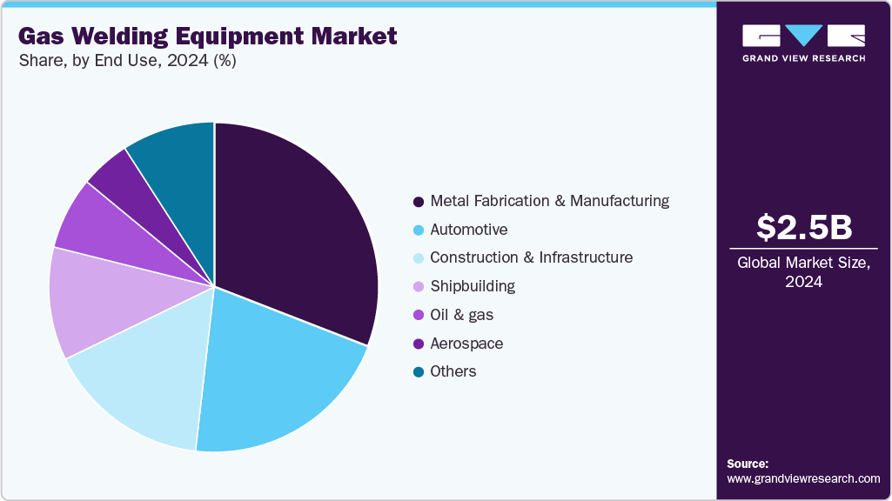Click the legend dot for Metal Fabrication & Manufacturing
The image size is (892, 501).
[x=419, y=202]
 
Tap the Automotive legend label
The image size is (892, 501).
[x=468, y=230]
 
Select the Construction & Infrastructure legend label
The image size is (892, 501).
[x=531, y=258]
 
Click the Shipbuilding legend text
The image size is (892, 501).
[x=473, y=286]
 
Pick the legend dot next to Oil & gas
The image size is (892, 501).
[x=419, y=315]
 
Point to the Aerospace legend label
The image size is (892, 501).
[x=466, y=344]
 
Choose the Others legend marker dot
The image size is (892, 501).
[x=419, y=372]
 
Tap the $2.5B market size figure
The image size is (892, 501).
[x=803, y=228]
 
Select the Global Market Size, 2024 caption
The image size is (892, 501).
[x=803, y=272]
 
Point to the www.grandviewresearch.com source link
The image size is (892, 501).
[x=803, y=478]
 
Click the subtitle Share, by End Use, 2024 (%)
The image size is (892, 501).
[x=126, y=61]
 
